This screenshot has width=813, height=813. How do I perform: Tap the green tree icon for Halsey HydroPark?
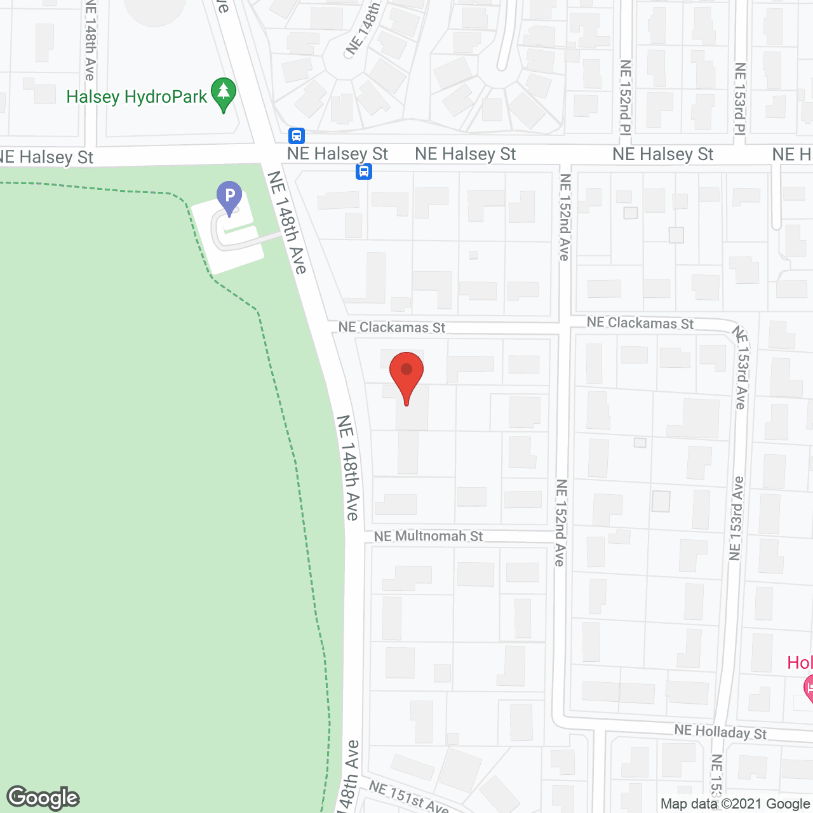point(223,93)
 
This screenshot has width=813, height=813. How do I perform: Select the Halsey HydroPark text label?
point(137,97)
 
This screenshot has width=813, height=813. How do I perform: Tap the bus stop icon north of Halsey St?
point(297,135)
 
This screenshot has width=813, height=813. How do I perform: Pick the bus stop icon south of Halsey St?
point(364,171)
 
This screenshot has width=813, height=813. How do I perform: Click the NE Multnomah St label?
point(428,536)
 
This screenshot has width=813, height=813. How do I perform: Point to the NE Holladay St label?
point(720,732)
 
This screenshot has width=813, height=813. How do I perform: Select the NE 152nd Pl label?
point(626,97)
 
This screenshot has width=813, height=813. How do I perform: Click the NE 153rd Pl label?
point(739,98)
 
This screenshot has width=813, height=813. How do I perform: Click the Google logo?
point(43,798)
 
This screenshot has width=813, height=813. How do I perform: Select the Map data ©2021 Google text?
point(735,804)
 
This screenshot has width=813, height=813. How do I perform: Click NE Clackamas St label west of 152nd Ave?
point(392,327)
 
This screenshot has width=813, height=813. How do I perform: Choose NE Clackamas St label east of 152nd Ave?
point(640,323)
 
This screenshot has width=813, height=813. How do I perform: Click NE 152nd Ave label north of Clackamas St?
point(565,217)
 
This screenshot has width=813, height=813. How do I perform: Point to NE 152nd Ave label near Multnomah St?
point(560,523)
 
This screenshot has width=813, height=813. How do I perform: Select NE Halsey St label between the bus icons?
point(337,154)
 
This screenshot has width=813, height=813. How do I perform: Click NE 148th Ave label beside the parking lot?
point(288,222)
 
